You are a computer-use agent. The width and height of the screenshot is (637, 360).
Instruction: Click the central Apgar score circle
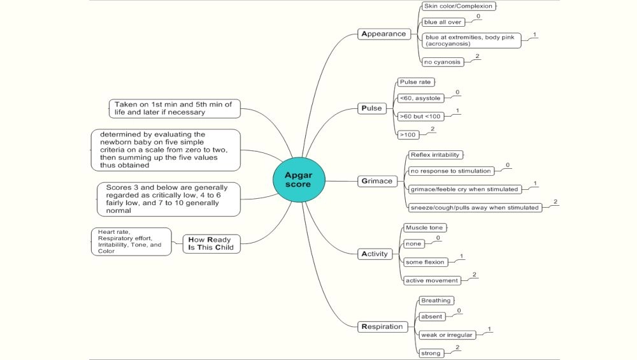298,180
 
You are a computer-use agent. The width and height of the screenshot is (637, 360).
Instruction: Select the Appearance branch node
383,34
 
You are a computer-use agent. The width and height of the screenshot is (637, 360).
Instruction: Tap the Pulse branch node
371,108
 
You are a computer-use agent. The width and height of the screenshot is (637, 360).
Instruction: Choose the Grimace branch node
377,181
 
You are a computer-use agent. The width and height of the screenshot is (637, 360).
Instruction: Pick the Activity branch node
375,254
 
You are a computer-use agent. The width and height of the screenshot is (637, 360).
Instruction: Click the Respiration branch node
382,326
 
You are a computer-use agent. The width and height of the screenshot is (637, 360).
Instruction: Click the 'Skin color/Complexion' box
458,6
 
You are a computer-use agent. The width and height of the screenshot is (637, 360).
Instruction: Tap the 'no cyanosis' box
442,62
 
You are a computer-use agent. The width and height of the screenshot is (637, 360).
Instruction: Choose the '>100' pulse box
408,134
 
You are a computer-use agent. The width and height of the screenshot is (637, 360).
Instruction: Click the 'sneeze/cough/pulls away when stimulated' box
475,207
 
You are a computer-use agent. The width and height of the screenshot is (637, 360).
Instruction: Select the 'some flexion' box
426,262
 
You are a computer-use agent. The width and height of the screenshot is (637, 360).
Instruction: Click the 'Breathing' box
436,301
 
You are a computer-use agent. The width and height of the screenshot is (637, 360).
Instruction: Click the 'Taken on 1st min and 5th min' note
174,108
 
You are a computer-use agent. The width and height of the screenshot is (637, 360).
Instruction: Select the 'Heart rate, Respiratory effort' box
131,241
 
